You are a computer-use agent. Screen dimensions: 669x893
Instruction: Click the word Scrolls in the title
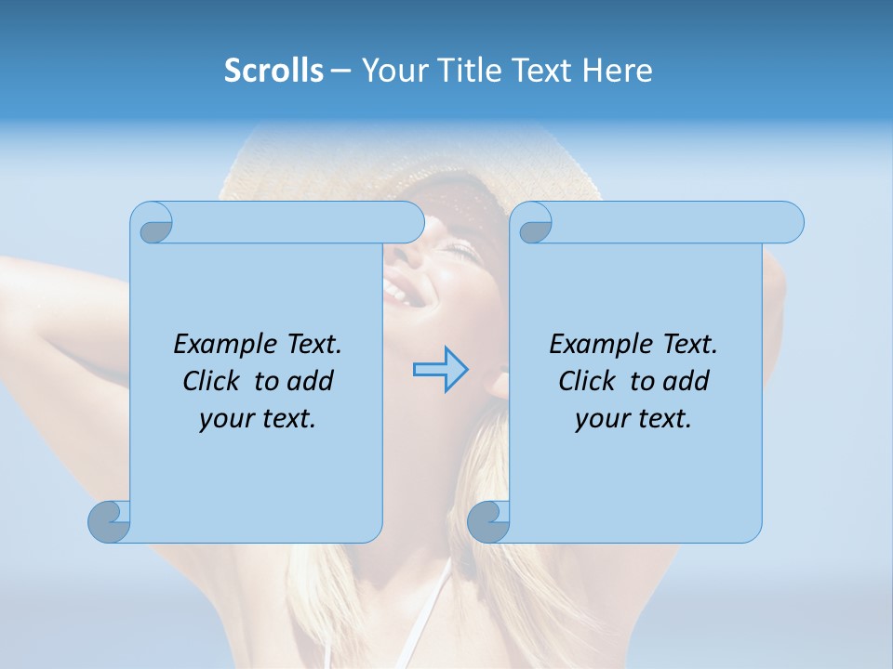coord(273,71)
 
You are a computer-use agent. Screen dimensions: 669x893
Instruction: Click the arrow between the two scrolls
coord(440,370)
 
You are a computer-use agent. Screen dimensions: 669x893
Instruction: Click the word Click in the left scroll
coord(212,381)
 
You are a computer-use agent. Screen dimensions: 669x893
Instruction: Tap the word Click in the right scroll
coord(587,381)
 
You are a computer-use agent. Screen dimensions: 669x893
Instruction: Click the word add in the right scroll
coord(686,381)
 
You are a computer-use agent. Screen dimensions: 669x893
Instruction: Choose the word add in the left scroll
coord(311,381)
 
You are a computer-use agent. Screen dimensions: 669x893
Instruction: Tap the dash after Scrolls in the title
coord(340,71)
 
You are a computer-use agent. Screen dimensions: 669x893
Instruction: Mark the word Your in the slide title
coord(385,71)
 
